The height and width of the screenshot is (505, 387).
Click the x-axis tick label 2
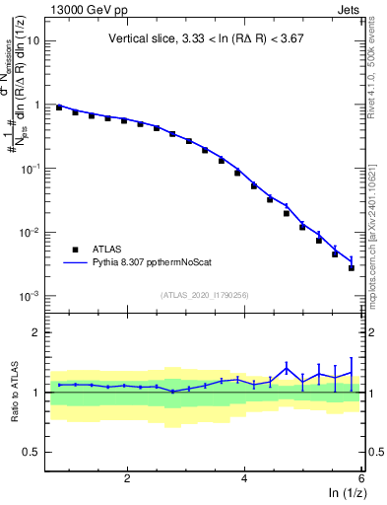click(x=127, y=478)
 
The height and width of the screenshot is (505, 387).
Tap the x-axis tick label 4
click(x=244, y=478)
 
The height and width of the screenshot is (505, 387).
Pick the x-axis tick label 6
click(x=361, y=478)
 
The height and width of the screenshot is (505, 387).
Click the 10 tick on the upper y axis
click(x=32, y=40)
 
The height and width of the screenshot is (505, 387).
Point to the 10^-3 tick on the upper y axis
click(x=30, y=297)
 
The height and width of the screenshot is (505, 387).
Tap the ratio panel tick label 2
click(x=35, y=332)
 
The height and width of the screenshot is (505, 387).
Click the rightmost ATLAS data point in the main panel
click(x=352, y=267)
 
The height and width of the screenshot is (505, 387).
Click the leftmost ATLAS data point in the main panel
click(x=59, y=107)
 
